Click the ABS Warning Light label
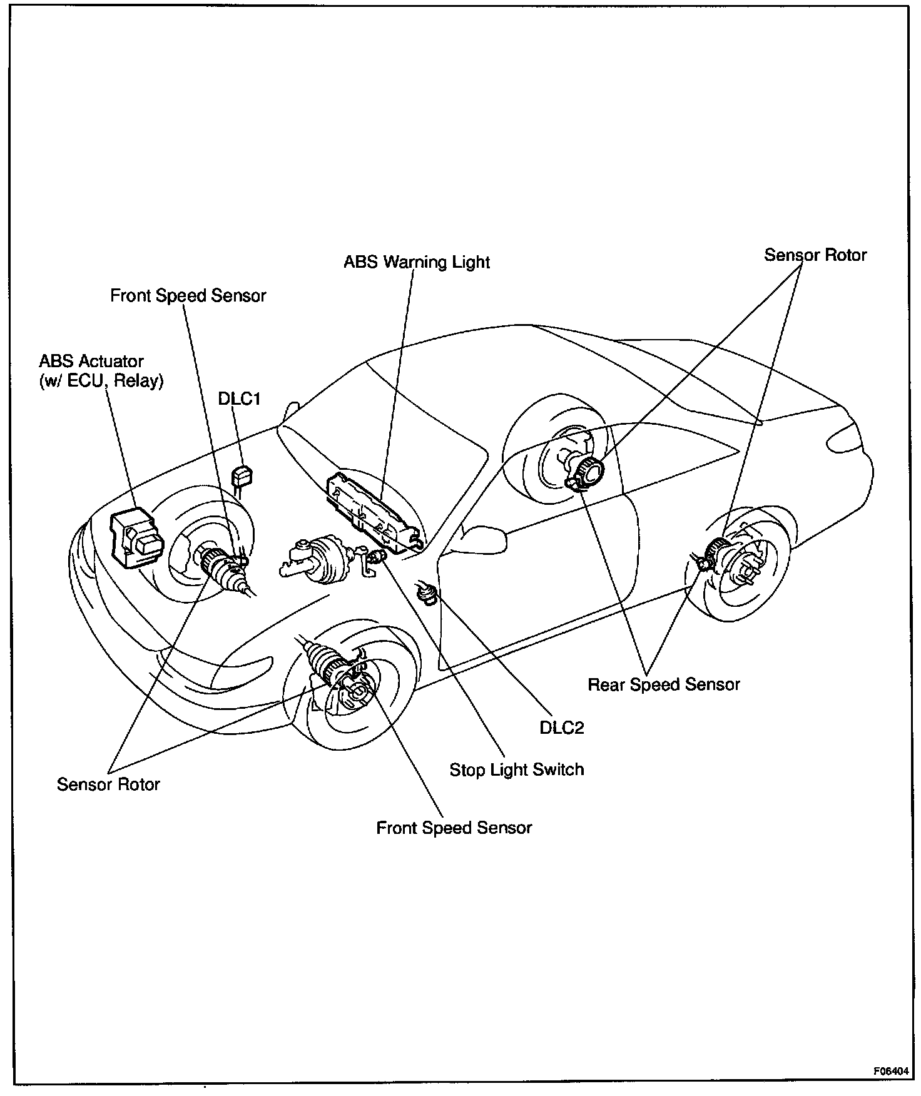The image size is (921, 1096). pos(417,261)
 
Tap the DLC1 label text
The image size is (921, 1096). pos(239,399)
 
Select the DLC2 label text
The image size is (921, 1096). pos(561,728)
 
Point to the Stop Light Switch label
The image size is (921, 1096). pos(517,769)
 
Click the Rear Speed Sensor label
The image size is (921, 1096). pos(663,684)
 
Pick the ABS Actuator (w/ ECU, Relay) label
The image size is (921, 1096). pos(101,371)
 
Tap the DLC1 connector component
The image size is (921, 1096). pos(242,477)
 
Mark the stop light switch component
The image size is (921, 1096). pos(376,557)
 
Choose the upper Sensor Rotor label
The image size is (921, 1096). pos(815,255)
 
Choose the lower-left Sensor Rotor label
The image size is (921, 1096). pos(108,784)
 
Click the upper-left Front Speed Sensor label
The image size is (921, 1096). pos(188,296)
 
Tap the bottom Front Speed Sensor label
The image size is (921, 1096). pos(454,828)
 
